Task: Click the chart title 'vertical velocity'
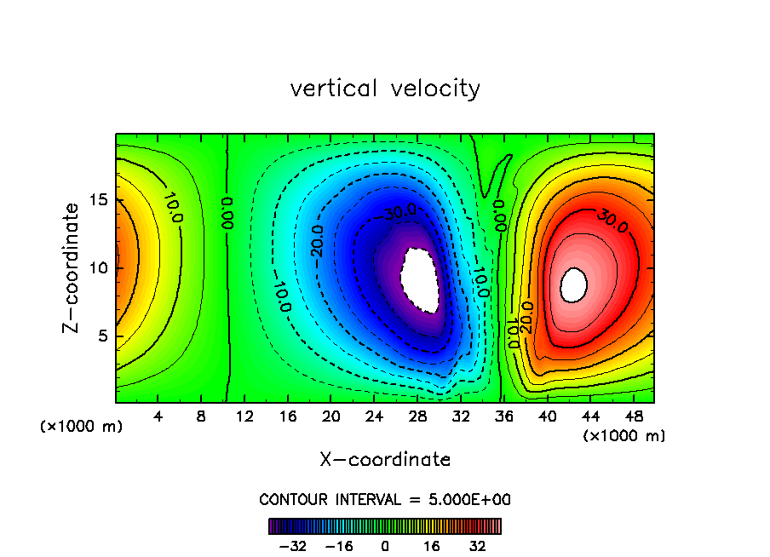coord(385,89)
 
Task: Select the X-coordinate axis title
coord(385,460)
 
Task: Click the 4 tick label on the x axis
coord(158,417)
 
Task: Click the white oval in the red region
coord(573,284)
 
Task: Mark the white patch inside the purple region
coord(421,279)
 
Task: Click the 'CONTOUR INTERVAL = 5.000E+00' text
coord(385,499)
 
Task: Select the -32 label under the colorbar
coord(293,545)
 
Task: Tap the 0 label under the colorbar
coord(385,545)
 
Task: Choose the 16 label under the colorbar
coord(431,545)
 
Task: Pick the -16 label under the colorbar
coord(339,545)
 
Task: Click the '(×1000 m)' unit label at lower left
coord(82,427)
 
